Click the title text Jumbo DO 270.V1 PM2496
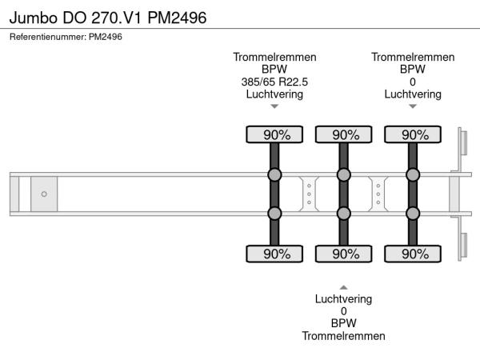point(108,17)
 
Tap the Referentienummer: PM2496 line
point(66,36)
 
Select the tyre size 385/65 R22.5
point(274,82)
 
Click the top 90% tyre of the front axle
point(274,134)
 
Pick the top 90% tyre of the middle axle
point(344,134)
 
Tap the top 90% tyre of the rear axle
point(413,134)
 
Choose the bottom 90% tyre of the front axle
point(274,254)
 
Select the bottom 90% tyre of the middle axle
point(344,254)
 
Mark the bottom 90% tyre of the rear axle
point(413,254)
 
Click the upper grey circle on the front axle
point(274,175)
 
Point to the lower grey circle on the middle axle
point(344,213)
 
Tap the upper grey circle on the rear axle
point(413,175)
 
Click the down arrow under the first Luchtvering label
point(274,106)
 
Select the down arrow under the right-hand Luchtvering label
point(413,106)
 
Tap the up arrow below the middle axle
point(344,286)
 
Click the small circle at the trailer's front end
point(44,194)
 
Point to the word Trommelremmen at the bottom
point(344,336)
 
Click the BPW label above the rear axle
point(413,69)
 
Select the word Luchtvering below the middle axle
point(344,299)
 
